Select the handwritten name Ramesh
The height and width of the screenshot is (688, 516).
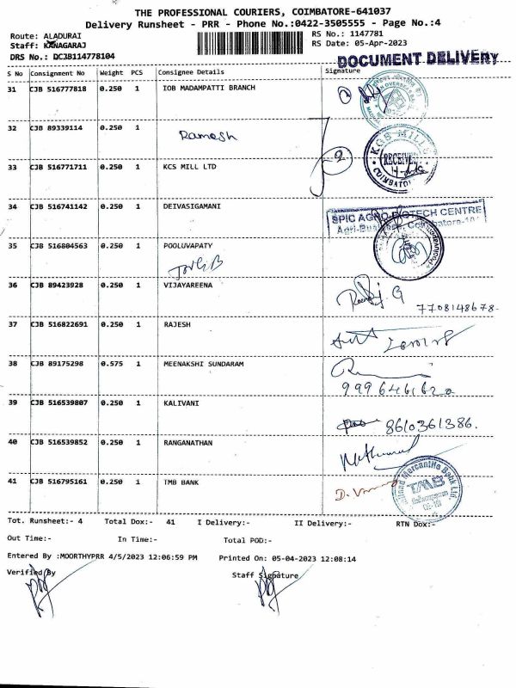point(207,135)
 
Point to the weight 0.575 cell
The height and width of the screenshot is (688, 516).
point(110,364)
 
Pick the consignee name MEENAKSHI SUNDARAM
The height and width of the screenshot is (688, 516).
point(203,364)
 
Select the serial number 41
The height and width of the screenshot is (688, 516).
point(12,482)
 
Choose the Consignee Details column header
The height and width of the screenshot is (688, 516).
point(190,72)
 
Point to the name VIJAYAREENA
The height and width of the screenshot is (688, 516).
point(188,284)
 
